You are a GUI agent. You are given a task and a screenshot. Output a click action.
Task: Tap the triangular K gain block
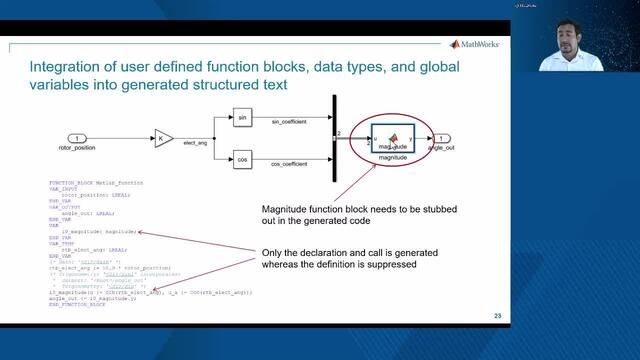pyautogui.click(x=164, y=138)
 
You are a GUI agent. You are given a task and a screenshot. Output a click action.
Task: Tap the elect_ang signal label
pyautogui.click(x=197, y=144)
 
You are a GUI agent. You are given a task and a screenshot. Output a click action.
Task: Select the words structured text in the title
pyautogui.click(x=241, y=86)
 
